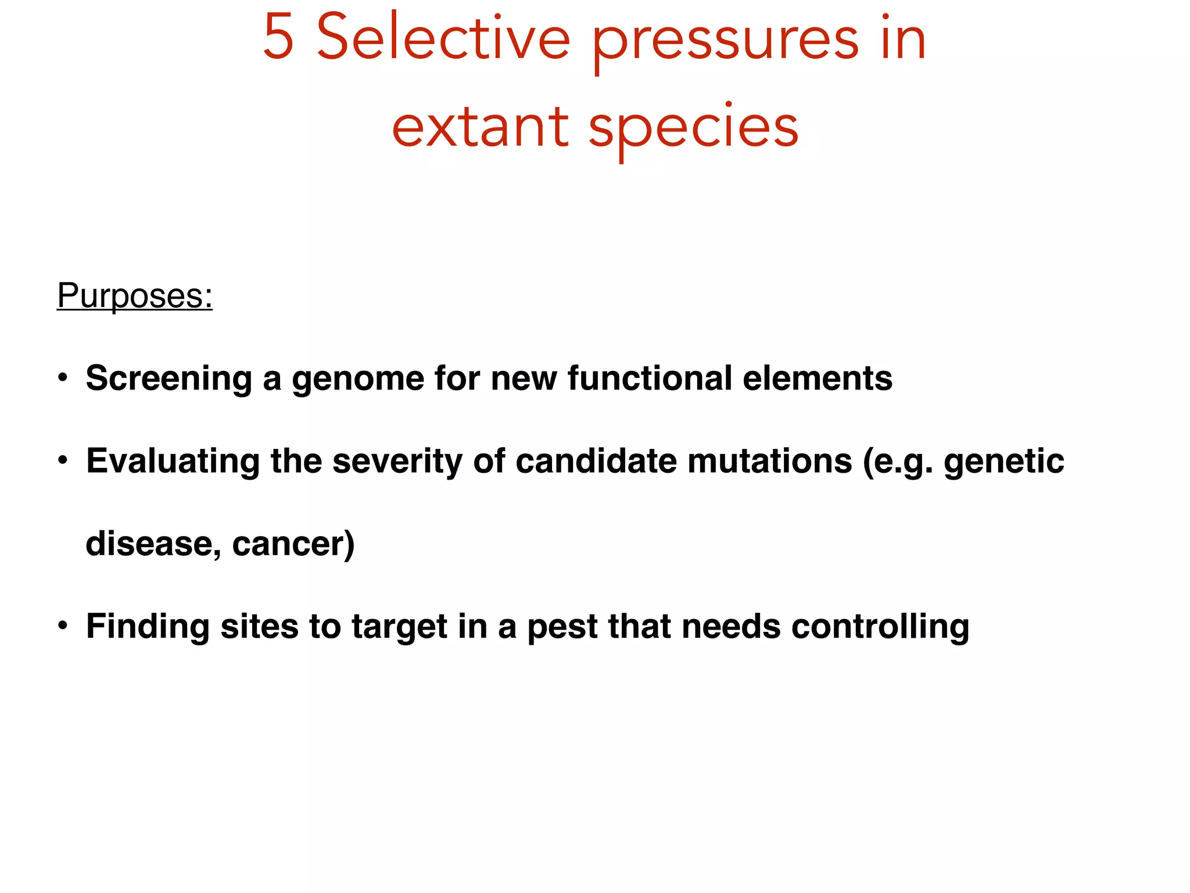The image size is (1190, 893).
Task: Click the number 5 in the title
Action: click(x=278, y=38)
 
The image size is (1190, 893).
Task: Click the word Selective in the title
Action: click(x=443, y=38)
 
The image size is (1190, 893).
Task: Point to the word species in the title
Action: click(x=694, y=129)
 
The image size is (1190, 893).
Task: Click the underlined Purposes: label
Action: click(x=135, y=296)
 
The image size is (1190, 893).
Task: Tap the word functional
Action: click(x=649, y=378)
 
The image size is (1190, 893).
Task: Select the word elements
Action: click(x=818, y=378)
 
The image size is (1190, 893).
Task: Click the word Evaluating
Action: click(x=173, y=462)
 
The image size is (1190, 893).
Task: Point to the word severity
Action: click(x=397, y=462)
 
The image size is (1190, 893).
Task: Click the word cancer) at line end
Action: click(x=293, y=544)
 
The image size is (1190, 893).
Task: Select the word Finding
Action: click(x=148, y=627)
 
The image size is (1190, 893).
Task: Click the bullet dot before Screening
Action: click(x=63, y=378)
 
